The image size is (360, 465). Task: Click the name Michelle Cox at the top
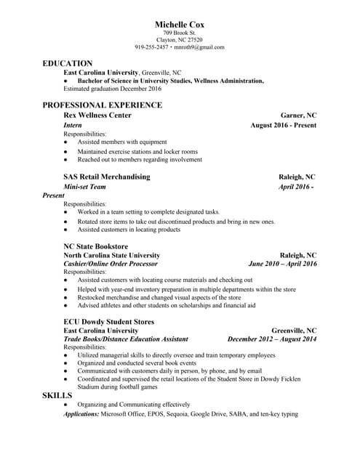tap(180, 25)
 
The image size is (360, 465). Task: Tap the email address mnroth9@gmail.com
tap(199, 47)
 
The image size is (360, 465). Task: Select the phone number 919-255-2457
tap(152, 47)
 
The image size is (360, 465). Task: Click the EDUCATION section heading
tap(68, 63)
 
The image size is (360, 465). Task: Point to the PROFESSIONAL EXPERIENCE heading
tap(102, 105)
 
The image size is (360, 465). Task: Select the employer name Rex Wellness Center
tap(97, 116)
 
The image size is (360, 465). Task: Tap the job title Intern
tap(73, 125)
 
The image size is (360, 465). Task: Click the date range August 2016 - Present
tap(283, 125)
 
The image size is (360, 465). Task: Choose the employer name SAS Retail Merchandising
tap(107, 177)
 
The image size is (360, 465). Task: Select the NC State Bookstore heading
tap(96, 246)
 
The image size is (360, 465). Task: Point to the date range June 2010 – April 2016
tap(282, 264)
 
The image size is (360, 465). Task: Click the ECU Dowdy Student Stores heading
tap(106, 320)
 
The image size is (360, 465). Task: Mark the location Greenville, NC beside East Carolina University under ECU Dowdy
tap(294, 330)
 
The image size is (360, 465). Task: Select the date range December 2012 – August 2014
tap(272, 339)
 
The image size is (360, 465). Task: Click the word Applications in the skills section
tap(81, 414)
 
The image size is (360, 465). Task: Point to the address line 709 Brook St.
tap(180, 33)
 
